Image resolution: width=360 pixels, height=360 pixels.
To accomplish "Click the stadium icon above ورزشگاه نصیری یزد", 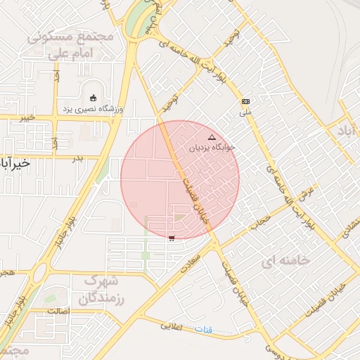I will (94, 97).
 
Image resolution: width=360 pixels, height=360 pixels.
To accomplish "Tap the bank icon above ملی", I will (245, 102).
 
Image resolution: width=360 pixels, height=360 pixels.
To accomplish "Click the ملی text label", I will (245, 112).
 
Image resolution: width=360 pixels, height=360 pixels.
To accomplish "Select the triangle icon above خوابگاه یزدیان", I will (212, 137).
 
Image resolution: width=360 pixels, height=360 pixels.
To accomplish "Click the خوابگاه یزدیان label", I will (212, 148).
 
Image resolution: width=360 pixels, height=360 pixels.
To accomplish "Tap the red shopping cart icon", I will (172, 238).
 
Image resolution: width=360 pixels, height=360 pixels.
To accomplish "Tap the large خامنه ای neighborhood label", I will (285, 261).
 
